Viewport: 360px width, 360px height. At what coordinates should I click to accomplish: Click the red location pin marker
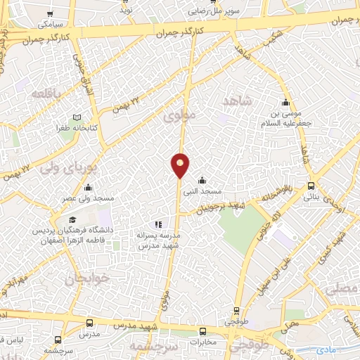pos(181,165)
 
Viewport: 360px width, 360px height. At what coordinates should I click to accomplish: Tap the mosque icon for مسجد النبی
pos(202,180)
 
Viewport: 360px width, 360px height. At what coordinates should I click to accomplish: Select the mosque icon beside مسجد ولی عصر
pos(88,188)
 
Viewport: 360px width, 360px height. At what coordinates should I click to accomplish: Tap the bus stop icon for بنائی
pos(311,186)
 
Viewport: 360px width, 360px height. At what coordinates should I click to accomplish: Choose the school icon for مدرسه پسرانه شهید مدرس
pos(158,225)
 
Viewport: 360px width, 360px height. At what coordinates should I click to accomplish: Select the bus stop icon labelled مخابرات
pos(202,331)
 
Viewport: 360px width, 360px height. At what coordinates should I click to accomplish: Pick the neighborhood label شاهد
pos(237,101)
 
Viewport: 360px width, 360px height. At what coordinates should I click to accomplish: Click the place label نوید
pos(125,10)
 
